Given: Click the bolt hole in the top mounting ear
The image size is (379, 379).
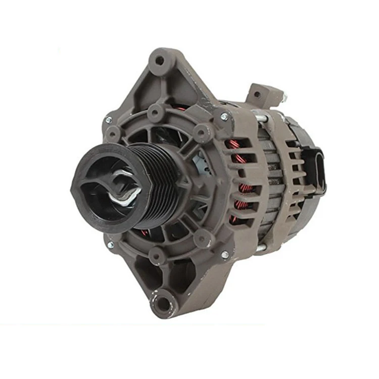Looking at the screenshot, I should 160,61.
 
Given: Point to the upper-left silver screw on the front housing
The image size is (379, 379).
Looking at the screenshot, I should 108,120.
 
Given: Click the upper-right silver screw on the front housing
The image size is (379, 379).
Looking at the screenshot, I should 224,117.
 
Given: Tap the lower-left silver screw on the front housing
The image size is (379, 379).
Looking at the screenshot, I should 110,245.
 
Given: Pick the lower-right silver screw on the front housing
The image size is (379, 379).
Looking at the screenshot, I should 224,255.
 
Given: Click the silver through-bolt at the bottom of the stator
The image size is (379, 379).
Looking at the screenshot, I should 261,248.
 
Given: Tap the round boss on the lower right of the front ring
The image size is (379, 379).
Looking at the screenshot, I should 202,238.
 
